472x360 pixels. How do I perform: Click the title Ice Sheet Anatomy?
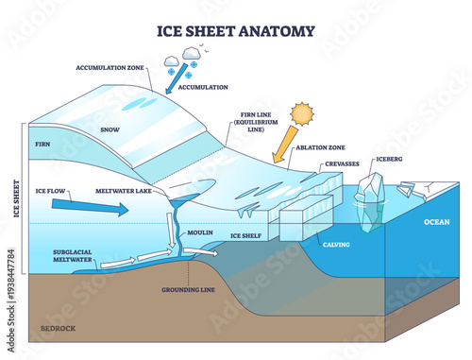tap(236, 30)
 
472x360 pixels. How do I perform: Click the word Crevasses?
tap(338, 165)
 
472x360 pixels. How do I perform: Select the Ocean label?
tap(437, 222)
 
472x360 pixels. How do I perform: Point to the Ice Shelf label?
tap(245, 234)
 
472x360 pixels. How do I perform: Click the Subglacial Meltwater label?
tap(52, 257)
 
